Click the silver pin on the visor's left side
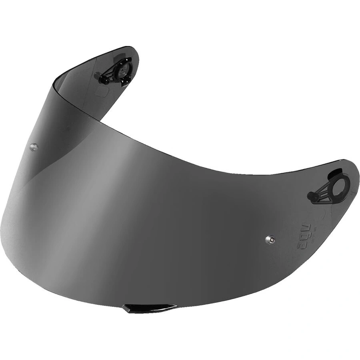click(x=34, y=147)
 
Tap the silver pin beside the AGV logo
click(x=270, y=239)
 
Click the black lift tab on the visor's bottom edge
click(x=149, y=308)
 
